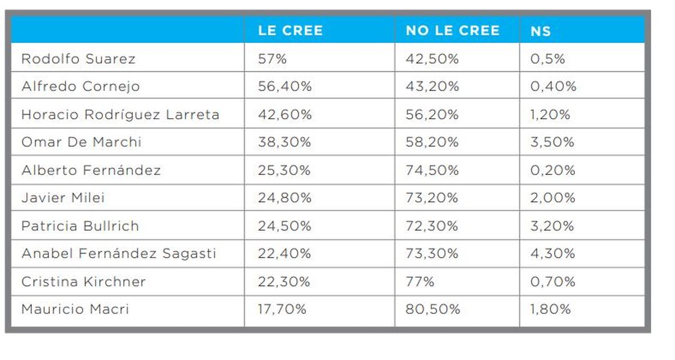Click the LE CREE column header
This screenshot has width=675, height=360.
point(290,30)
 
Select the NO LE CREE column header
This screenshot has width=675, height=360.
point(452,30)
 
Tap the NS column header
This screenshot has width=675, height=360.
point(541,31)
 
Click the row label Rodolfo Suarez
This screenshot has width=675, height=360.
point(78,58)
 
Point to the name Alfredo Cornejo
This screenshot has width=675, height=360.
point(80,86)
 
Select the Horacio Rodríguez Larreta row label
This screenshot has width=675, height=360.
point(120,114)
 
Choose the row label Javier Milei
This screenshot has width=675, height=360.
point(63,197)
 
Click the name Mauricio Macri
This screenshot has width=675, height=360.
point(75,309)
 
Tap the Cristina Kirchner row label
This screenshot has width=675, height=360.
point(83,281)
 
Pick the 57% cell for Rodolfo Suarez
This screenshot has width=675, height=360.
point(273,58)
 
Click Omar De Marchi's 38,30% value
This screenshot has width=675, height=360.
point(284,142)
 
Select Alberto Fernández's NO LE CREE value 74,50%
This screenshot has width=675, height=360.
point(432,170)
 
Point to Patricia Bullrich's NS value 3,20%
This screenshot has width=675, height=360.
point(552,226)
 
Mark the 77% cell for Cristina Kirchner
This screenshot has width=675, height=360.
point(420,281)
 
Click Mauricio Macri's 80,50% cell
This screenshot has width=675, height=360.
point(433,309)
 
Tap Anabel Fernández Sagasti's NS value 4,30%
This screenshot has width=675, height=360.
point(552,253)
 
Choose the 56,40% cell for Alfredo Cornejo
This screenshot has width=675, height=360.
point(285,86)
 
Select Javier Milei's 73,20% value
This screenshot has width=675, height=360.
point(432,197)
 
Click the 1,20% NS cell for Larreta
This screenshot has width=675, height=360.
point(550,114)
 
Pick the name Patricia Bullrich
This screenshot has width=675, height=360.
point(80,226)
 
